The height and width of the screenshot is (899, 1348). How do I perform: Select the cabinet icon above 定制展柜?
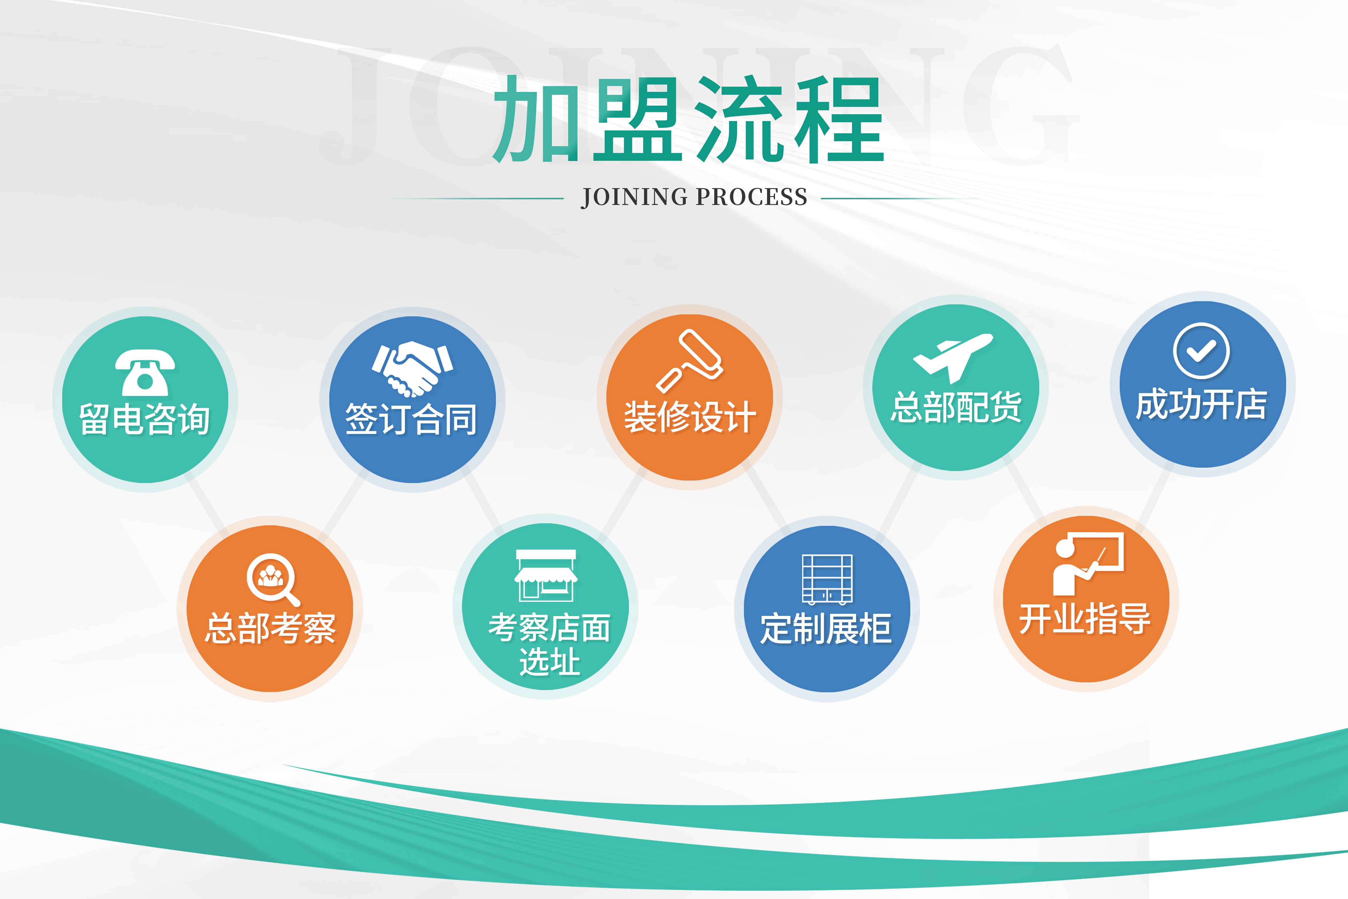pyautogui.click(x=827, y=579)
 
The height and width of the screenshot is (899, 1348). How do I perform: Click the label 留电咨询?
pyautogui.click(x=144, y=419)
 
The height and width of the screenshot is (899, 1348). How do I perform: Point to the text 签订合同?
pyautogui.click(x=411, y=419)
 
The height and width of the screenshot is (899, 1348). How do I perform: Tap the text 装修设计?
pyautogui.click(x=689, y=417)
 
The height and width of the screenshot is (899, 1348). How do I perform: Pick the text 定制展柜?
pyautogui.click(x=826, y=628)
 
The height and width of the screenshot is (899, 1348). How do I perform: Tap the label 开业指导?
pyautogui.click(x=1085, y=619)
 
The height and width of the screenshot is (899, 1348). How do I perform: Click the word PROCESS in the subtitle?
pyautogui.click(x=751, y=197)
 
